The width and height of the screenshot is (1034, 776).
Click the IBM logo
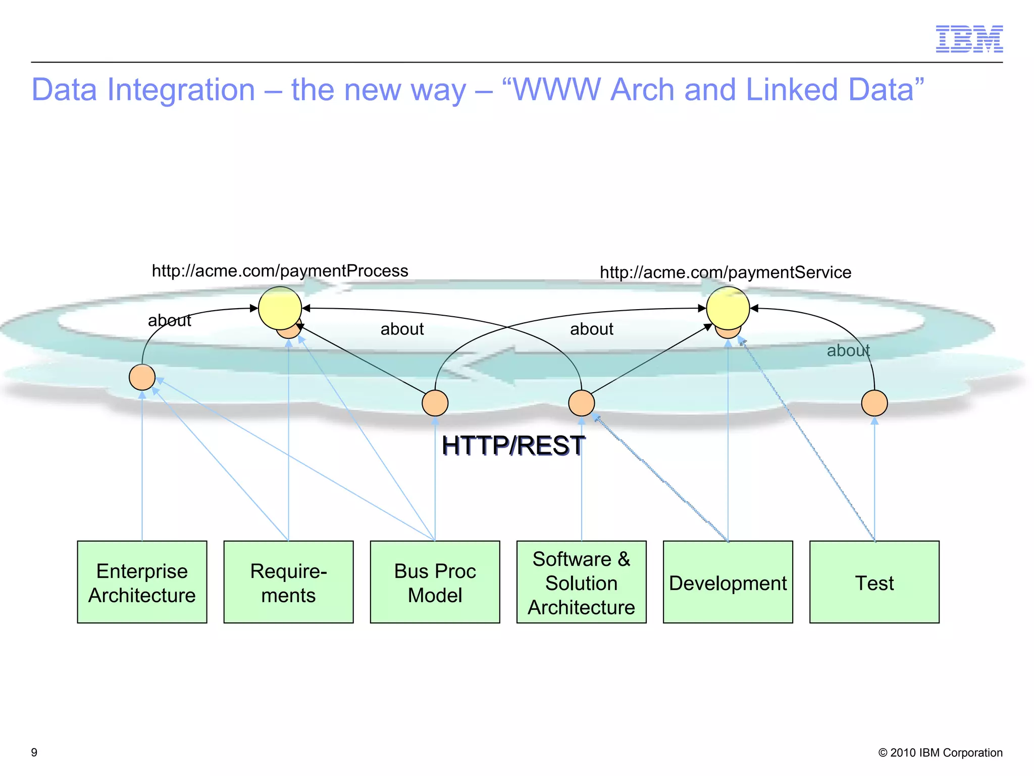coord(969,39)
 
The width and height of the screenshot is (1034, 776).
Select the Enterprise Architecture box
coord(142,582)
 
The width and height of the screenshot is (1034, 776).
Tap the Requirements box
coord(288,582)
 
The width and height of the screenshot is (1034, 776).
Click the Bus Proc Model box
coord(435,582)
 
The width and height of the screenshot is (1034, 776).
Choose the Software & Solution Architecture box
coord(581,582)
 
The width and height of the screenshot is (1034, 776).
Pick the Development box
coord(728,582)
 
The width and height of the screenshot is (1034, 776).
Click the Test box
coord(874,582)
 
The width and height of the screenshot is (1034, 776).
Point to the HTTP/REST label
coord(513,446)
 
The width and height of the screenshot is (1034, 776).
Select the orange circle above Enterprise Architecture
coord(142,377)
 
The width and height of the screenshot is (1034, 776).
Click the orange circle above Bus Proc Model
coord(435,403)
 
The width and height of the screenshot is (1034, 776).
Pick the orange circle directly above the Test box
coord(874,403)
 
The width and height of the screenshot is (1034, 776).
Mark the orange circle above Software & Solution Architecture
coord(581,403)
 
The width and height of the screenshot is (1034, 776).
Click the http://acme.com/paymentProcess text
coord(280,271)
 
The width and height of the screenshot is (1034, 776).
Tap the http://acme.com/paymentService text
coord(725,272)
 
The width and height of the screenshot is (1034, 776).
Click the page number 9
coord(34,752)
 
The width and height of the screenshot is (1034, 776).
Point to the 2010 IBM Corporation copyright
coord(940,752)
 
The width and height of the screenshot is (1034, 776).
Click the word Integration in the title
coord(181,90)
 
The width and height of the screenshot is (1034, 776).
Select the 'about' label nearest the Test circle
coord(848,350)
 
